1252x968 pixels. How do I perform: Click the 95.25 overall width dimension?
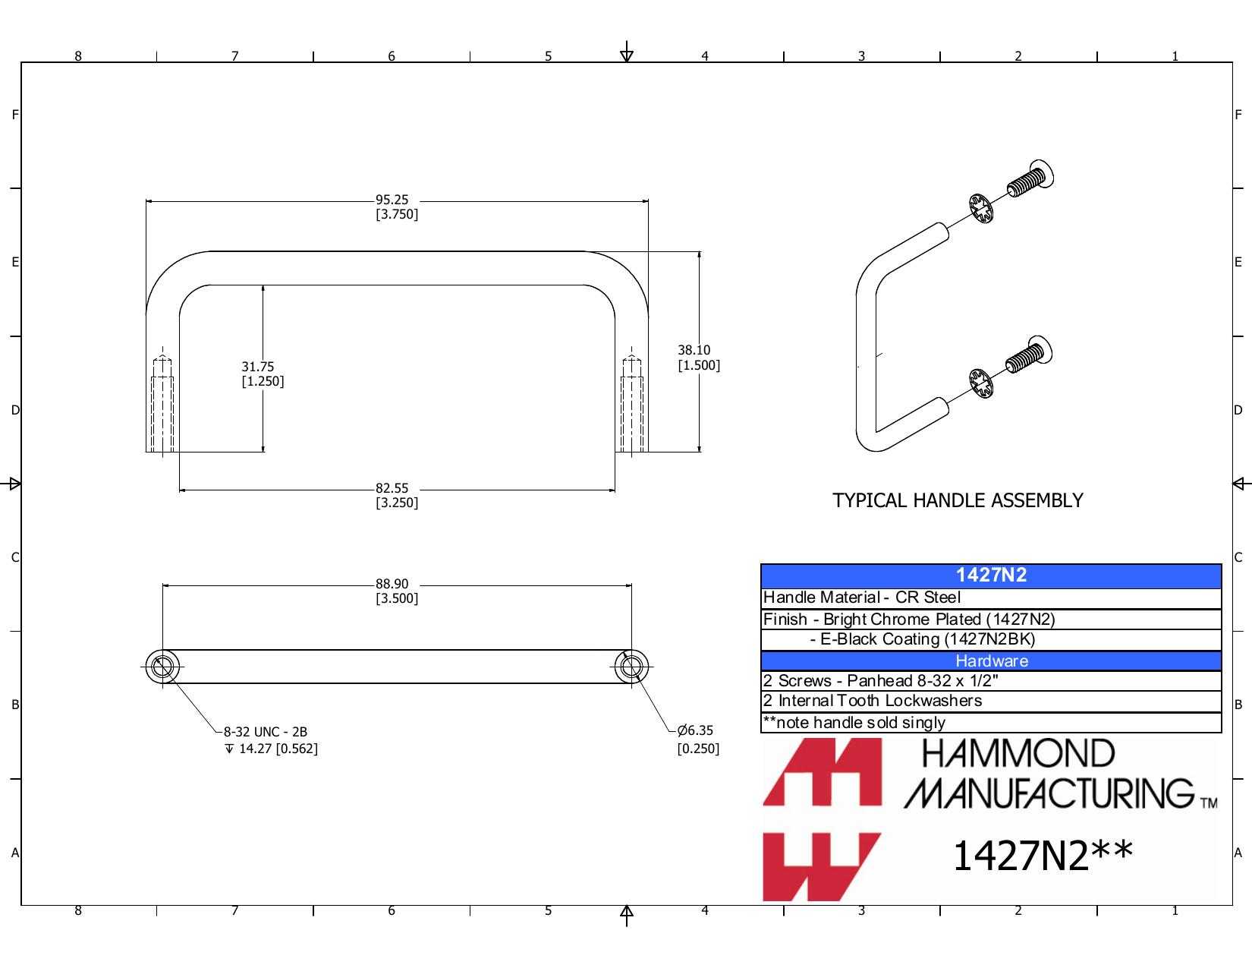tap(396, 207)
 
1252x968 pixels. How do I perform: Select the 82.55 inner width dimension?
tap(396, 495)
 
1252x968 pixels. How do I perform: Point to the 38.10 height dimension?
tap(698, 358)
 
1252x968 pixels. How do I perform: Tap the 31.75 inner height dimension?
tap(263, 374)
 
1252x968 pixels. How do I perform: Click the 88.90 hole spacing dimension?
tap(396, 591)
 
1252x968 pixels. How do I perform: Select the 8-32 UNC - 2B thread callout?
tap(266, 732)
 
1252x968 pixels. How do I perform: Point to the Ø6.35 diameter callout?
tap(698, 739)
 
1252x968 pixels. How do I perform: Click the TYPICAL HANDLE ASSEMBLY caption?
tap(958, 500)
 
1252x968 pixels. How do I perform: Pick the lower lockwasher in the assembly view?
tap(981, 383)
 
